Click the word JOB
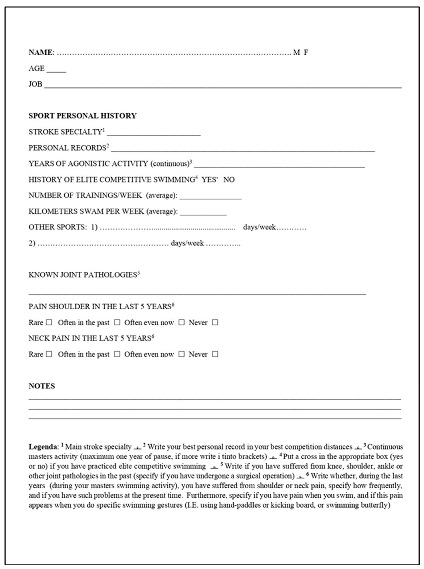35,84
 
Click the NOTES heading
42,386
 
